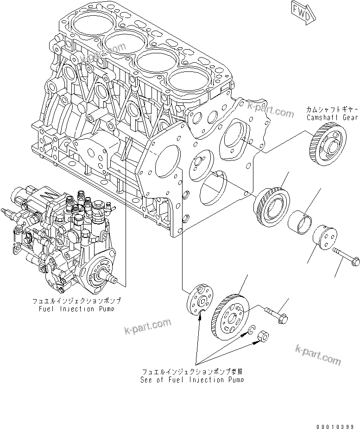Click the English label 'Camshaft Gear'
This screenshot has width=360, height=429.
pos(332,118)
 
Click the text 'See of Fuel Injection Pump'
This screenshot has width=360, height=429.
pos(192,379)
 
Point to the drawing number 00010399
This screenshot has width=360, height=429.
pos(335,425)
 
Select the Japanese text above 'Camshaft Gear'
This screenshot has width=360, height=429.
pos(332,109)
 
